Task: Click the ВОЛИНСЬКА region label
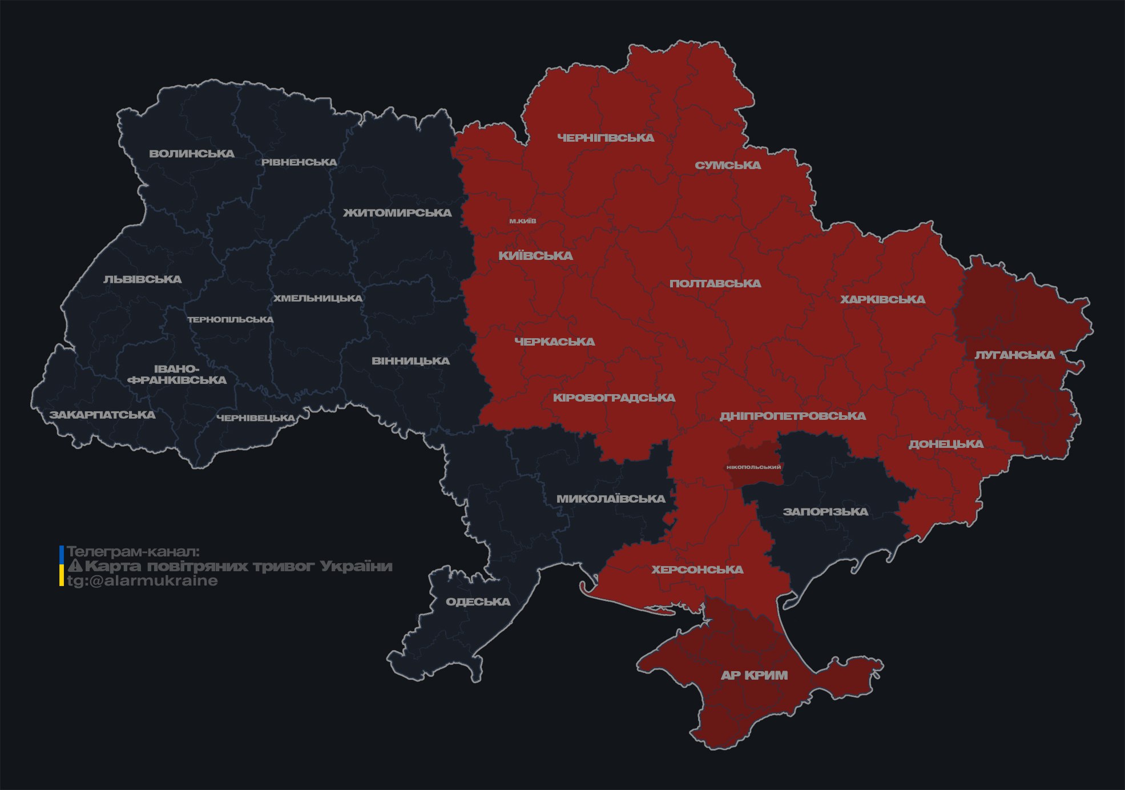[x=192, y=154]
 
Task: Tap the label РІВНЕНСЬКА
[x=299, y=162]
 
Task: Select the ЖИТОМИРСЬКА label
[x=397, y=213]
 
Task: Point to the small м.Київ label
[x=523, y=221]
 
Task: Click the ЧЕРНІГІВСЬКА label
[x=606, y=138]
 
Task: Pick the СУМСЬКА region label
[x=728, y=166]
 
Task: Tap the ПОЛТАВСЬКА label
[x=715, y=284]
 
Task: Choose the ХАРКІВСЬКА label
[x=882, y=300]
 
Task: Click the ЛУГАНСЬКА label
[x=1014, y=355]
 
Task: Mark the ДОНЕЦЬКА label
[x=946, y=444]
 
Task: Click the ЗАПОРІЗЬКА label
[x=825, y=512]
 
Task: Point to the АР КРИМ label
[x=754, y=676]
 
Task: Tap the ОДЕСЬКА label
[x=478, y=602]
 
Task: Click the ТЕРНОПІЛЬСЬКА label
[x=231, y=320]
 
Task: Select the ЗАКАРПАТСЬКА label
[x=102, y=415]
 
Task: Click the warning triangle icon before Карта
[x=75, y=566]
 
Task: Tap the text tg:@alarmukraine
[x=142, y=581]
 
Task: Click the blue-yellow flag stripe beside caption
[x=62, y=566]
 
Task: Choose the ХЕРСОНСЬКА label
[x=697, y=570]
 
